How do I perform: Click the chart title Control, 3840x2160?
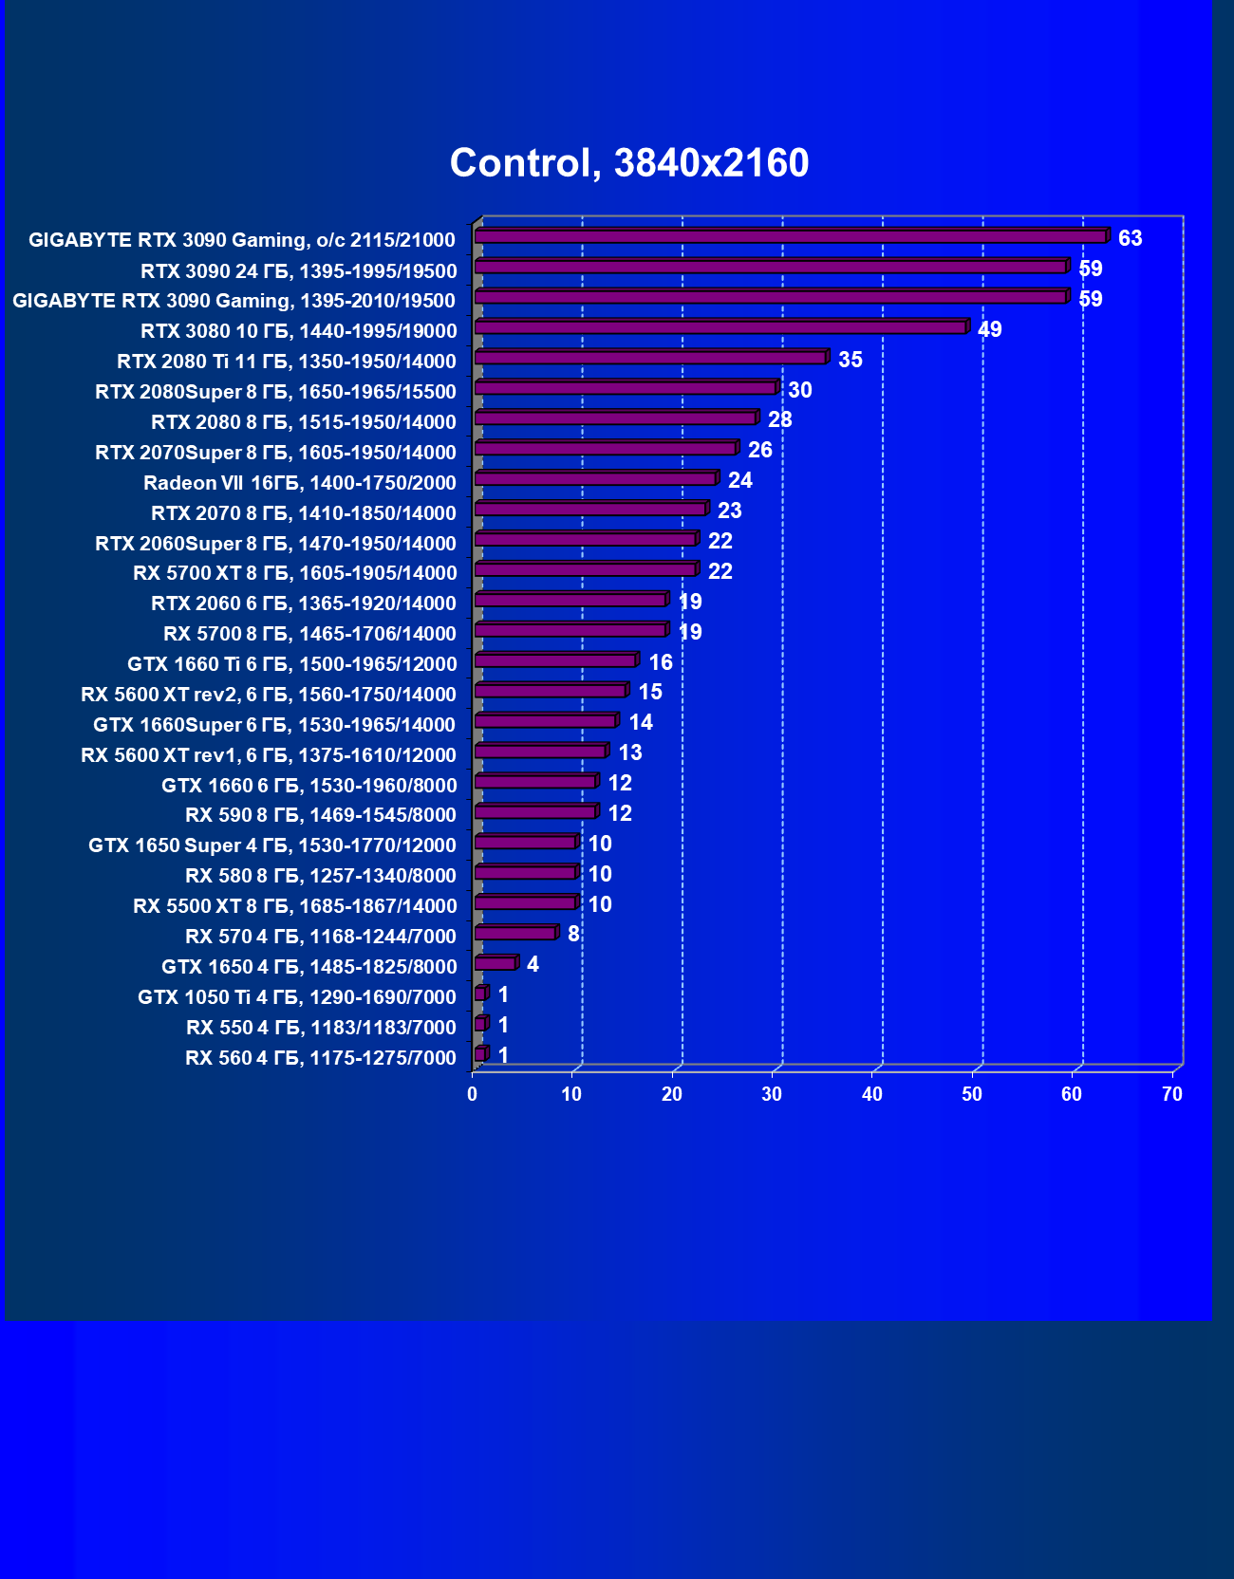point(629,163)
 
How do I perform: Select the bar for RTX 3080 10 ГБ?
point(720,327)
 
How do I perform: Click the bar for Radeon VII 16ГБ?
point(595,478)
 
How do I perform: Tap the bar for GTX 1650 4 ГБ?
point(495,964)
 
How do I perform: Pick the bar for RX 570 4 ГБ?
point(514,934)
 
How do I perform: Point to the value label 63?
point(1130,238)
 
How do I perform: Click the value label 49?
point(990,329)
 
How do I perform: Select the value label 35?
point(851,360)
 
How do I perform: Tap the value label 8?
point(573,934)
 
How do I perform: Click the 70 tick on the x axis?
point(1172,1094)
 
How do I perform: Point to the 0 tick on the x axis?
point(473,1094)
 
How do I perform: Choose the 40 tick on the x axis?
point(872,1094)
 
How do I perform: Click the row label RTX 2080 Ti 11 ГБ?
point(287,362)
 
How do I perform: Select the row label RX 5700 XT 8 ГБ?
point(295,573)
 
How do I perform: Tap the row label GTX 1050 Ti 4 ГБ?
point(297,997)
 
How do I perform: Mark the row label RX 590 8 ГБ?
point(321,815)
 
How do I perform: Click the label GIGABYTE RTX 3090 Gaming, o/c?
point(242,240)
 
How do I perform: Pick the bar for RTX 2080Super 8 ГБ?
point(626,388)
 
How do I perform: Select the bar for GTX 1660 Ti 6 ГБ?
point(555,660)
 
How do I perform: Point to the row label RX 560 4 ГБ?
point(321,1058)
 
